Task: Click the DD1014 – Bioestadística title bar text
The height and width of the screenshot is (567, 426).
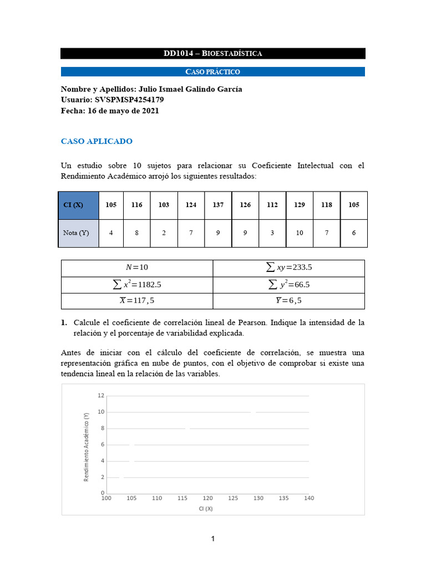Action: point(212,54)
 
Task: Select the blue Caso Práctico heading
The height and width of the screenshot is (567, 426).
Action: point(212,72)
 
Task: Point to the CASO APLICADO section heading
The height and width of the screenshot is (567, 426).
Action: point(97,141)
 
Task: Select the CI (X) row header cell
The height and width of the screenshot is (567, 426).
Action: point(79,205)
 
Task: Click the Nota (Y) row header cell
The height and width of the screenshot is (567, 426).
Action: point(79,233)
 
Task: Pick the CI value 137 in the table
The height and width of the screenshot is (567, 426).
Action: point(218,205)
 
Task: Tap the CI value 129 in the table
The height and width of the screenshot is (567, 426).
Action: point(300,205)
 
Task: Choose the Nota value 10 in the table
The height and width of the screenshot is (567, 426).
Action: point(300,233)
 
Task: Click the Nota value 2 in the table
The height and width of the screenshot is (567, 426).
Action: point(164,233)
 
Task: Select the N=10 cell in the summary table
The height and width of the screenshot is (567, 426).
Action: point(137,267)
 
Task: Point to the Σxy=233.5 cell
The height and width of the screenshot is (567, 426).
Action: point(289,267)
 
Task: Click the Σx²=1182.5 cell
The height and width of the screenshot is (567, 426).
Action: point(137,285)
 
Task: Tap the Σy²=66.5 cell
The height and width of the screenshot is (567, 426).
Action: point(289,285)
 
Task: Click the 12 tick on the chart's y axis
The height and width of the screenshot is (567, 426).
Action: point(101,395)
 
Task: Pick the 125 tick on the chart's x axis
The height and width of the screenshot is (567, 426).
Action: point(233,498)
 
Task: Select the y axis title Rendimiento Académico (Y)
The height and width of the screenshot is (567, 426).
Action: point(87,447)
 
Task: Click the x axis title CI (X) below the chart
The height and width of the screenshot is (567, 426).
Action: point(206,509)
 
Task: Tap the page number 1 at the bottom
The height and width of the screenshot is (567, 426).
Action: point(213,539)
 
